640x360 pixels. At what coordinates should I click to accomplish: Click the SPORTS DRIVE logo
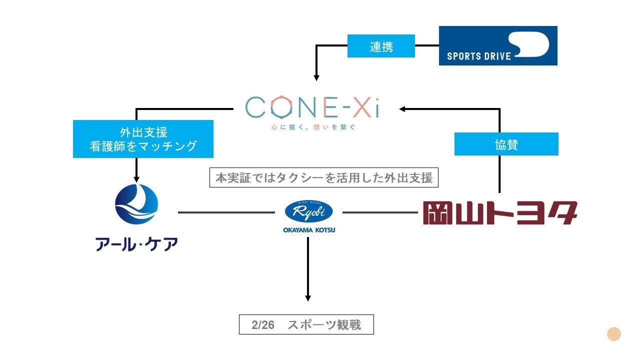tap(498, 45)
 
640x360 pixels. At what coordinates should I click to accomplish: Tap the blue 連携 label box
tap(381, 46)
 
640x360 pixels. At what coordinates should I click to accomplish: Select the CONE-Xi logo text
tap(311, 107)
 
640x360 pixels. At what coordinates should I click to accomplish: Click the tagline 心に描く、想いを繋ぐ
tap(311, 127)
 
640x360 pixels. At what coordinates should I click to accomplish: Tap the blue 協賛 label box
tap(506, 144)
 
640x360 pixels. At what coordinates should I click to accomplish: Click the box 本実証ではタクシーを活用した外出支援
tap(323, 177)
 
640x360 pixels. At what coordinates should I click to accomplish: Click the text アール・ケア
tap(136, 244)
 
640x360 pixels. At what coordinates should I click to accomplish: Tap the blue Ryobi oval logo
tap(308, 211)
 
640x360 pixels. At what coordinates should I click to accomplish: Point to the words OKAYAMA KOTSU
tap(308, 229)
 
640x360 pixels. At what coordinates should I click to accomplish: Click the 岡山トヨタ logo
tap(499, 212)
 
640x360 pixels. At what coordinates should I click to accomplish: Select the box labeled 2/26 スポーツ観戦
tap(306, 325)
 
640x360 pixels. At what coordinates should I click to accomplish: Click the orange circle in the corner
tap(613, 334)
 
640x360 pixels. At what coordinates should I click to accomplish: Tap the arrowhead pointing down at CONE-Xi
tap(316, 77)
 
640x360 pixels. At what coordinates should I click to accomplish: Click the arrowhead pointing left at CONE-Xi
tap(402, 108)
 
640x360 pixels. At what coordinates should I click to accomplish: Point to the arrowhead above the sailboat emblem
tap(136, 179)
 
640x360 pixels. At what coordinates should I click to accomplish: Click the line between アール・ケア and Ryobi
tap(226, 212)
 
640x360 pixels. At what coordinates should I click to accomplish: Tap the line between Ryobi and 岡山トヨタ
tap(380, 212)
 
